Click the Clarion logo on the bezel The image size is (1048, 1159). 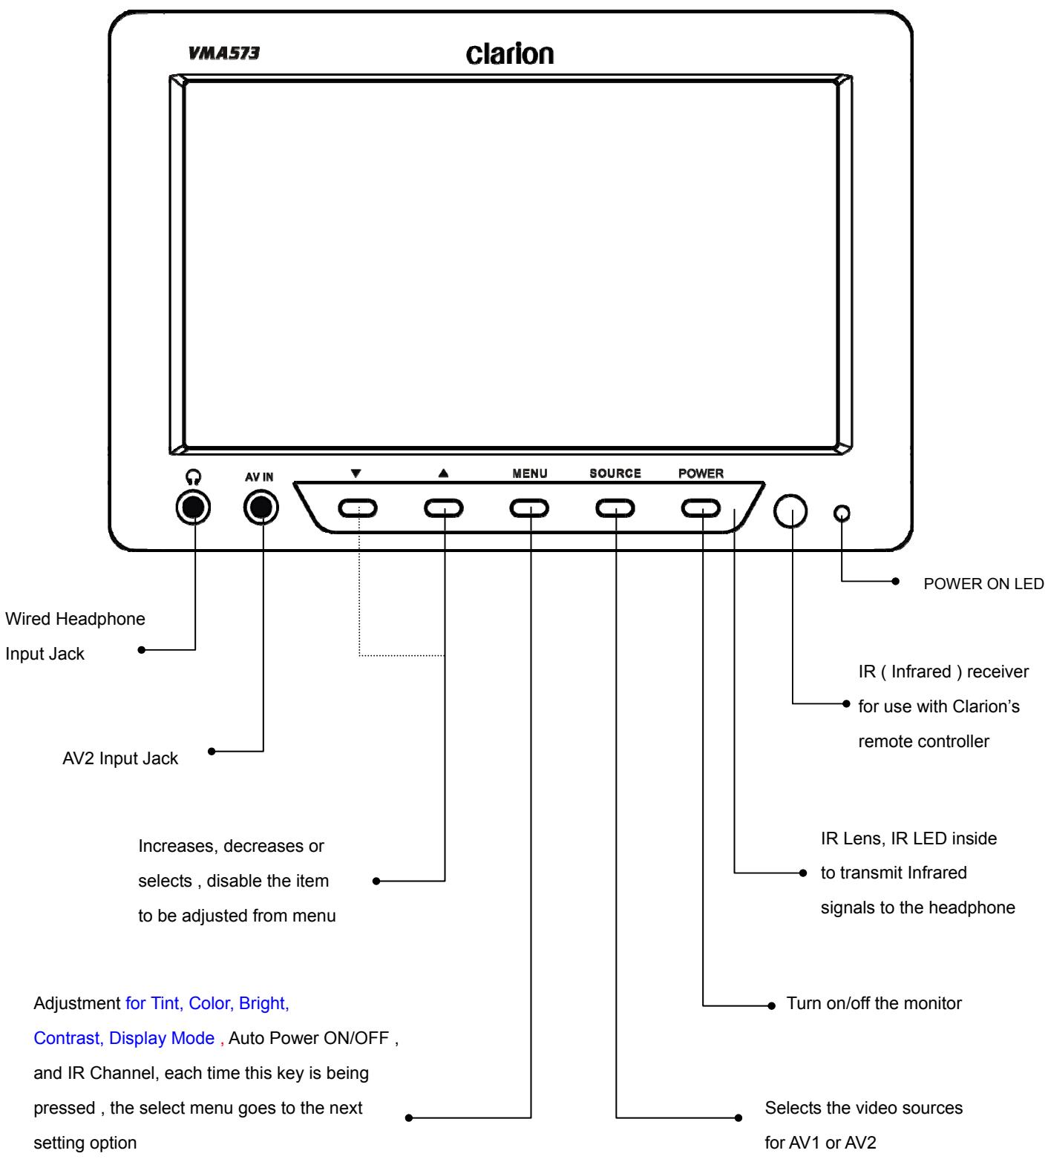click(x=510, y=53)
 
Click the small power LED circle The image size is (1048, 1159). click(x=842, y=513)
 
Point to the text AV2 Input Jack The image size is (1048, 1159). click(x=120, y=759)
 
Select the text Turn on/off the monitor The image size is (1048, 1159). click(x=874, y=1003)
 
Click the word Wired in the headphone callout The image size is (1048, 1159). click(x=27, y=618)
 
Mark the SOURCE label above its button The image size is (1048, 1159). click(x=615, y=473)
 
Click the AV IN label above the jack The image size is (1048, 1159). click(x=259, y=477)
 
